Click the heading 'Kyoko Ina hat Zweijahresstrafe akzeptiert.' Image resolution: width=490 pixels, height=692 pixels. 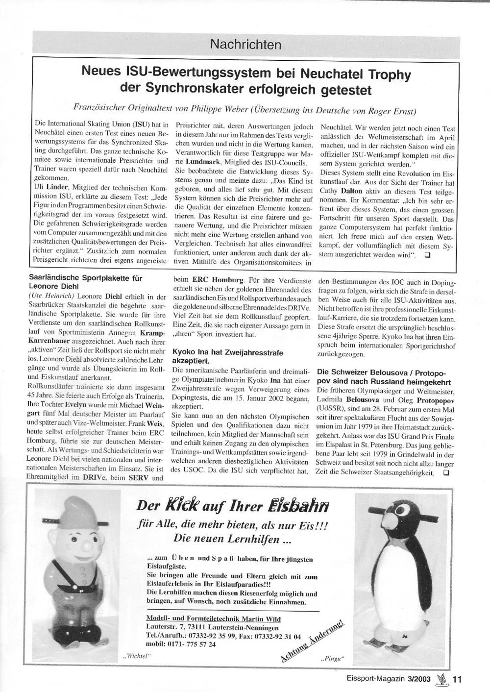click(x=228, y=356)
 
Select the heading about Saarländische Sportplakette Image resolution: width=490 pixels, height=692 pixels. click(x=86, y=282)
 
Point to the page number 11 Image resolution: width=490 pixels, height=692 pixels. click(x=457, y=679)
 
